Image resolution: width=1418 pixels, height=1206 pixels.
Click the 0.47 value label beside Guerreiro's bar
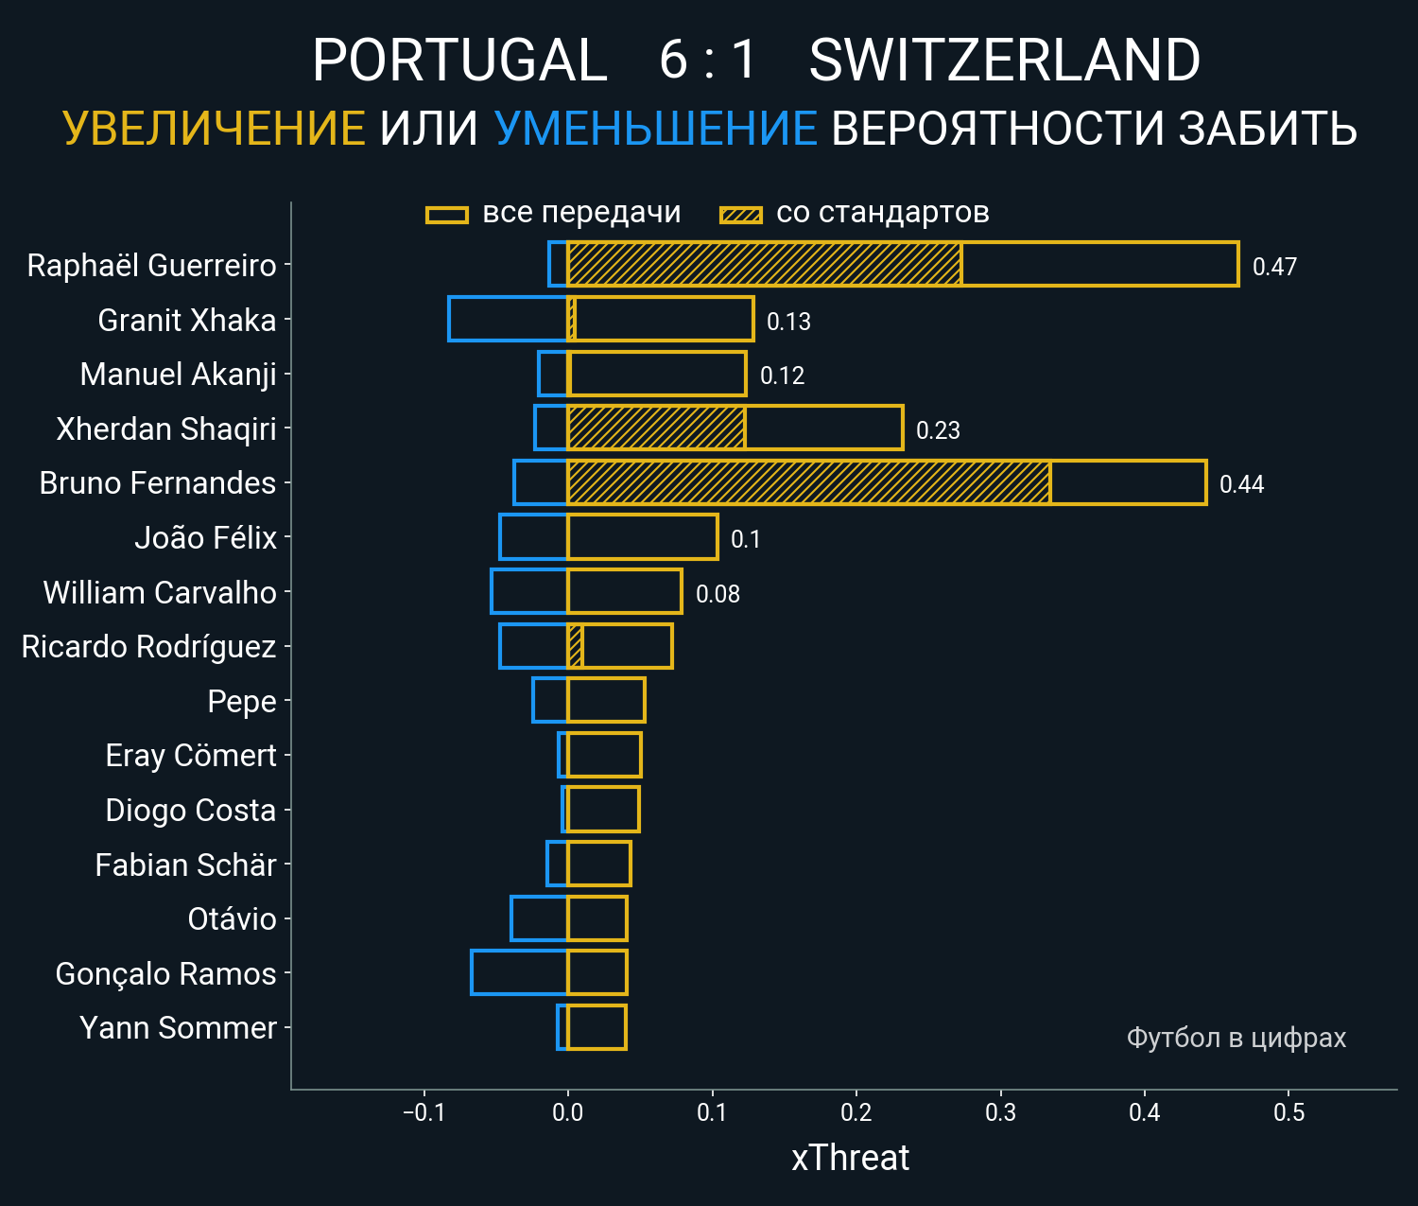[x=1274, y=267]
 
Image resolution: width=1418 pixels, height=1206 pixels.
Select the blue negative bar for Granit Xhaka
[x=508, y=319]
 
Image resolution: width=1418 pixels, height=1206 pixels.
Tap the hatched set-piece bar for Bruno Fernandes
[x=808, y=482]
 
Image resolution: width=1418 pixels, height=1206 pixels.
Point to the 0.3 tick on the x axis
[x=1000, y=1112]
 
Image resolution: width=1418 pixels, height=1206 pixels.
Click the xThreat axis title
[x=850, y=1158]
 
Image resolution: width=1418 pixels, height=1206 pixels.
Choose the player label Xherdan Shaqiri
[x=166, y=429]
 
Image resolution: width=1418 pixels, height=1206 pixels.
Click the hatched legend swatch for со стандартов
[x=740, y=215]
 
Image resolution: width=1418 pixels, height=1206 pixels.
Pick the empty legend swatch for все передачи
[x=447, y=215]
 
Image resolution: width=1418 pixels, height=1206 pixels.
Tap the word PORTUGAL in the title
[x=459, y=61]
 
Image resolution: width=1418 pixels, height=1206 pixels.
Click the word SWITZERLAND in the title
[x=1004, y=61]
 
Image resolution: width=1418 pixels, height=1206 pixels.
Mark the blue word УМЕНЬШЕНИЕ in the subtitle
[x=655, y=129]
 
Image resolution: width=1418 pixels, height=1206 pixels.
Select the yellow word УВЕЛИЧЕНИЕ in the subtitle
[x=214, y=129]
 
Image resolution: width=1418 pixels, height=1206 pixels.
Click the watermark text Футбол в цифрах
[x=1236, y=1038]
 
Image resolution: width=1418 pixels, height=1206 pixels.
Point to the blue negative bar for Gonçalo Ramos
[x=519, y=972]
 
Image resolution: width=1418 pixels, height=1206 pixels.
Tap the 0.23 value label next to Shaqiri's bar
[x=938, y=430]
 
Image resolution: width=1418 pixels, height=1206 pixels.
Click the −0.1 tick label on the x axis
[x=424, y=1112]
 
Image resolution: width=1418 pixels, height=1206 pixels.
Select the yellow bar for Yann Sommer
[x=597, y=1027]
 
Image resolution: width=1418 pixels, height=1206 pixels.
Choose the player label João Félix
[x=205, y=538]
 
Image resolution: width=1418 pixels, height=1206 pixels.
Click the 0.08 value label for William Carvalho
[x=718, y=594]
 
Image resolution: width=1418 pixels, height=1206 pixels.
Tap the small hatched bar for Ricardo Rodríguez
[x=575, y=646]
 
